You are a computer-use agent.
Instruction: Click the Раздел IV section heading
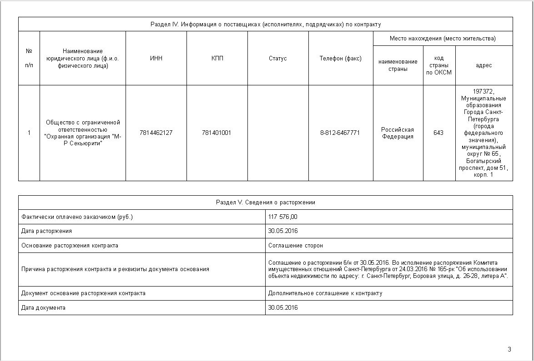(x=266, y=24)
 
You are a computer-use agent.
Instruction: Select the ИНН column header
(x=156, y=58)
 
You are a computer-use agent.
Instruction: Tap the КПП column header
(x=217, y=58)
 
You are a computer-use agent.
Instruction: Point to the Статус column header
(x=277, y=58)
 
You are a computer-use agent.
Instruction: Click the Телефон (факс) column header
(x=340, y=58)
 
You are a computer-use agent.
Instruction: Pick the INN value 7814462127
(x=156, y=133)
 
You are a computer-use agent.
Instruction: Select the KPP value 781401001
(x=217, y=133)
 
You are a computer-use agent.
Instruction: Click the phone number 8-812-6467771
(x=340, y=133)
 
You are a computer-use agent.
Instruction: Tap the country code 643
(x=438, y=133)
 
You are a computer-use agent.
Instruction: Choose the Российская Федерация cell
(x=398, y=133)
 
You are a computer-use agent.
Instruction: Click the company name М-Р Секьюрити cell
(x=83, y=133)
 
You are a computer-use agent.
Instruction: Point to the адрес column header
(x=484, y=65)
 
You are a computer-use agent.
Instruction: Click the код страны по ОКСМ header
(x=439, y=65)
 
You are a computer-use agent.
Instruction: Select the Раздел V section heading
(x=266, y=203)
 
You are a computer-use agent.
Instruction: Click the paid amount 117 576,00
(x=283, y=217)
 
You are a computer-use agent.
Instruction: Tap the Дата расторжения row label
(x=46, y=231)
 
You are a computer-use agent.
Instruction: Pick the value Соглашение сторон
(x=296, y=246)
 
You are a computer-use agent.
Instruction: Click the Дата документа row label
(x=43, y=308)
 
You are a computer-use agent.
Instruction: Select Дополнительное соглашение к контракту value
(x=325, y=293)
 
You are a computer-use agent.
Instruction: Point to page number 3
(x=509, y=349)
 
